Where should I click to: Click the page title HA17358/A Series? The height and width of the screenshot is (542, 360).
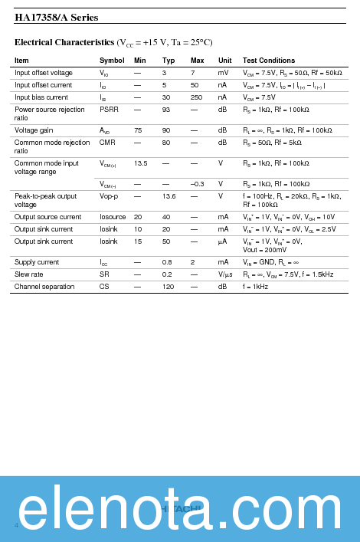tap(57, 17)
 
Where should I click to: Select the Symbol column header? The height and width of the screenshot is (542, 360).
tap(112, 61)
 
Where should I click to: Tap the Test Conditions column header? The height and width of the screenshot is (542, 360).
tap(269, 61)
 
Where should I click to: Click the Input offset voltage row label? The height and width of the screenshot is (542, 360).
tap(44, 73)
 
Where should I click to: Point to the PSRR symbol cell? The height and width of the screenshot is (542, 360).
tap(109, 110)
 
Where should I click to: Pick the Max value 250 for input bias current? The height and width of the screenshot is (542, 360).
tap(197, 97)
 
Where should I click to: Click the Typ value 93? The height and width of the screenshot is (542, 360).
tap(166, 110)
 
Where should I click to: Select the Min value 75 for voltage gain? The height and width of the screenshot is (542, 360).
tap(138, 130)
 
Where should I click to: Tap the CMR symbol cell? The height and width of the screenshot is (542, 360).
tap(107, 143)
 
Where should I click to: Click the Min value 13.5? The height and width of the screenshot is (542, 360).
tap(141, 163)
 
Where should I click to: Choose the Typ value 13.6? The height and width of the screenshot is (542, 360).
tap(169, 196)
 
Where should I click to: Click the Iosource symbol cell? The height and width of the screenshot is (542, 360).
tap(113, 217)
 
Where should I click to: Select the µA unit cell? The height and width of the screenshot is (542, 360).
tap(224, 241)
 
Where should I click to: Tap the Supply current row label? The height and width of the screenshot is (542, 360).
tap(37, 262)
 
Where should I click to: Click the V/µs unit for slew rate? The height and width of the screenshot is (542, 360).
tap(225, 274)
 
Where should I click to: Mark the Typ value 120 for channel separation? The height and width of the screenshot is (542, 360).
tap(168, 287)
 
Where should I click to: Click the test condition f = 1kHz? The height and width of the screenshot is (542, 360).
tap(256, 287)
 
